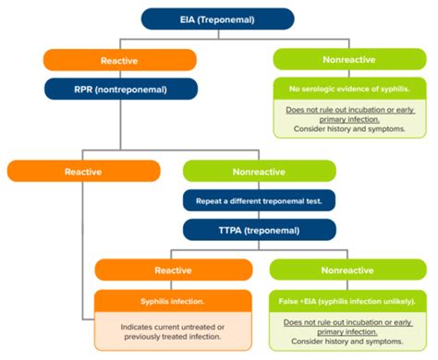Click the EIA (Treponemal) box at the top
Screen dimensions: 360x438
217,18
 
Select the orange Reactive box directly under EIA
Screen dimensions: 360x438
119,60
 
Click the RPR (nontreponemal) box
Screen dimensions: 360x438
119,89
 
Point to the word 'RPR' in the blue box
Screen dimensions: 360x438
85,89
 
